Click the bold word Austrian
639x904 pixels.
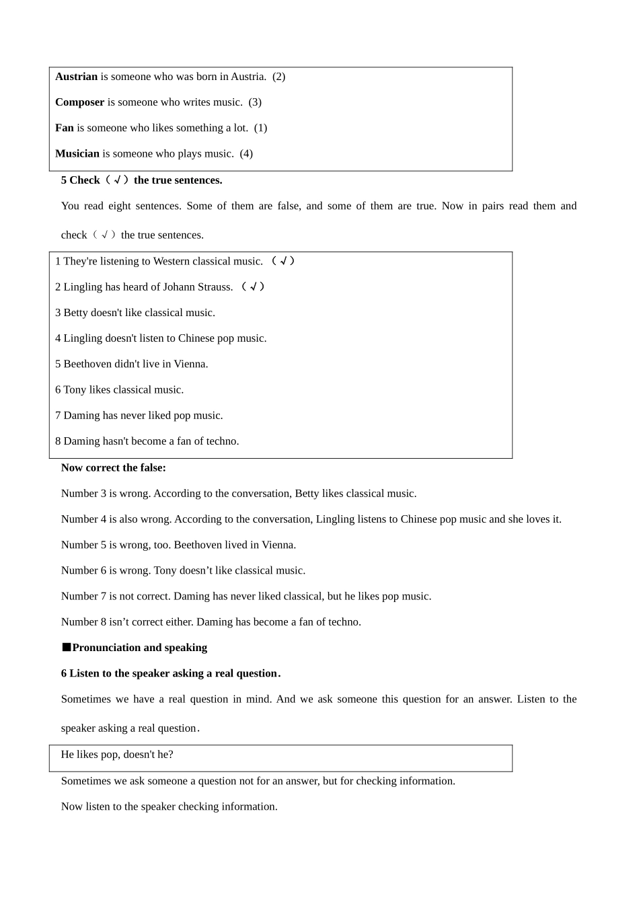[x=76, y=77]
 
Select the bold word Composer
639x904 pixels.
[x=79, y=102]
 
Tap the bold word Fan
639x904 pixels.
[x=65, y=128]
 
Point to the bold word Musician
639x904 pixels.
[x=77, y=153]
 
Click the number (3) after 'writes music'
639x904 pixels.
[x=255, y=102]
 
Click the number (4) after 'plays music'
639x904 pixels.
[x=246, y=153]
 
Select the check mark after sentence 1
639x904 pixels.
[x=283, y=261]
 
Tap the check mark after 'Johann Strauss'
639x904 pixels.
[x=253, y=287]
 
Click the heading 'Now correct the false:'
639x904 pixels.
[x=113, y=467]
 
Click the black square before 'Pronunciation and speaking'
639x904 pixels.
[x=66, y=647]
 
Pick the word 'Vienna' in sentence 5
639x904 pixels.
[x=190, y=364]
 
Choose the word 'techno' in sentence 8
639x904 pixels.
[x=222, y=441]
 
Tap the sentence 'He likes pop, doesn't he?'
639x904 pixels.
[x=117, y=755]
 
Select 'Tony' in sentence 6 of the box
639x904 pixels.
[x=75, y=390]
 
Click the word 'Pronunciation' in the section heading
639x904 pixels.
[x=105, y=648]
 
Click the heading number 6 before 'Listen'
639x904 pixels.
[x=64, y=673]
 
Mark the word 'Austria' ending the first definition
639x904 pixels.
[x=248, y=77]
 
